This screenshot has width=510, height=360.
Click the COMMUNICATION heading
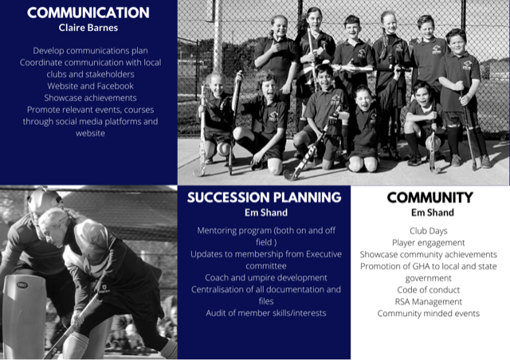coord(88,13)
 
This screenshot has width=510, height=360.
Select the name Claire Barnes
coord(88,28)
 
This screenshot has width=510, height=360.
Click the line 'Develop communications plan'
coord(90,51)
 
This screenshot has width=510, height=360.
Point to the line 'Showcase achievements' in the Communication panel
coord(90,98)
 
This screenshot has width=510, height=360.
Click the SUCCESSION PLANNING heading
coord(264,198)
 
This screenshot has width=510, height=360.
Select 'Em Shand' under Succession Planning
coord(266,213)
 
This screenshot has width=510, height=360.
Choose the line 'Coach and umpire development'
coord(266,278)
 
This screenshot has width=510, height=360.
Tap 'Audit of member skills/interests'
coord(266,313)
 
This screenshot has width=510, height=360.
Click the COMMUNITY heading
coord(430,198)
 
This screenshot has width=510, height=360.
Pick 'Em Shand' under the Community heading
coord(432,213)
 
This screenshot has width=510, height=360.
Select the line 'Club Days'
coord(429,231)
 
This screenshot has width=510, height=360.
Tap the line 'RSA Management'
coord(429,302)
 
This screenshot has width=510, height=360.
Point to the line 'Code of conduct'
coord(429,290)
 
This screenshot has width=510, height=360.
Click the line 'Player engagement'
coord(429,243)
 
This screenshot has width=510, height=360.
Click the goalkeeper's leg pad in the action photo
coord(24,316)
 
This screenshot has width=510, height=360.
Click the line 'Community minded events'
coord(429,314)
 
